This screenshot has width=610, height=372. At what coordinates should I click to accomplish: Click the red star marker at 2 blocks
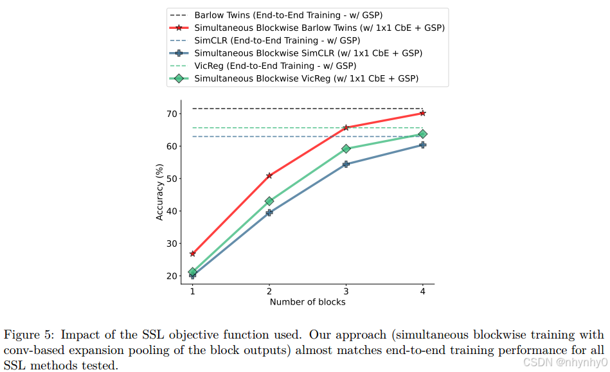269,175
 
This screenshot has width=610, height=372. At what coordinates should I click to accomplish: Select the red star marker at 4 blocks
422,113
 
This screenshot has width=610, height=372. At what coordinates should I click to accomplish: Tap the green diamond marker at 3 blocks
346,148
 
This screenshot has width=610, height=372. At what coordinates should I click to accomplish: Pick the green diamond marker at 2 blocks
269,201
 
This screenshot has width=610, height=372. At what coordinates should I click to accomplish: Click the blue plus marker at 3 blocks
346,164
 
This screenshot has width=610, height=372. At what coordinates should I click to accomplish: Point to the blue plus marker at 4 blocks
422,145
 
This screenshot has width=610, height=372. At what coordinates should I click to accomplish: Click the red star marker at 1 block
192,254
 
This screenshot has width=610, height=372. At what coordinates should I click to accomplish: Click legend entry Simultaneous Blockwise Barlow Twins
319,28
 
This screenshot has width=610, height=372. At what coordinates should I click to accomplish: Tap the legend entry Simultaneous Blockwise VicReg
306,78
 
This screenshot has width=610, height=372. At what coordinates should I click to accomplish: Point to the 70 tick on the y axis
171,114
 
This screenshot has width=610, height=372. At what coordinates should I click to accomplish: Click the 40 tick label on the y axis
171,211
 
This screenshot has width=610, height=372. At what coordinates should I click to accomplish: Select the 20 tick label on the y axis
171,276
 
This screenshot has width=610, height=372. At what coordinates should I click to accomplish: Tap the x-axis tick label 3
346,291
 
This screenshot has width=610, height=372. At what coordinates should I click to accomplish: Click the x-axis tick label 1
192,291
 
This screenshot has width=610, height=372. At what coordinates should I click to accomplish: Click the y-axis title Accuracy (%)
159,192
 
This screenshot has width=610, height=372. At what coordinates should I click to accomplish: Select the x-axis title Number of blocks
307,302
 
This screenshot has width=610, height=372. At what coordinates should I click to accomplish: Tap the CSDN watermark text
564,362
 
